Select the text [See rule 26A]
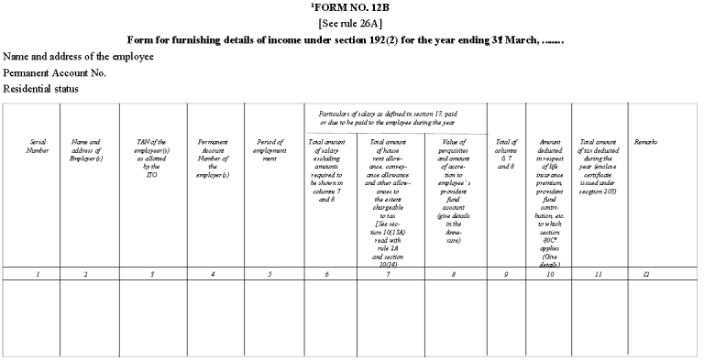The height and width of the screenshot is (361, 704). click(351, 26)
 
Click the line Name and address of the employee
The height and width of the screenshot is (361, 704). click(78, 57)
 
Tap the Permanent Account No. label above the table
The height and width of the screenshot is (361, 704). click(55, 72)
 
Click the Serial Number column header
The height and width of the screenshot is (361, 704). click(38, 147)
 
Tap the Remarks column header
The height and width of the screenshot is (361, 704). click(645, 142)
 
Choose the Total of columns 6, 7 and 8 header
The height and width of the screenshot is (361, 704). click(506, 151)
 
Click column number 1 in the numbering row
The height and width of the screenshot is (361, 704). click(38, 273)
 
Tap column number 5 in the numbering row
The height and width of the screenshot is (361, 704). click(269, 273)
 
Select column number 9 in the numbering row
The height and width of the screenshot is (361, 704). click(506, 273)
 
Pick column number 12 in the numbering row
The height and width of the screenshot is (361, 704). click(645, 273)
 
